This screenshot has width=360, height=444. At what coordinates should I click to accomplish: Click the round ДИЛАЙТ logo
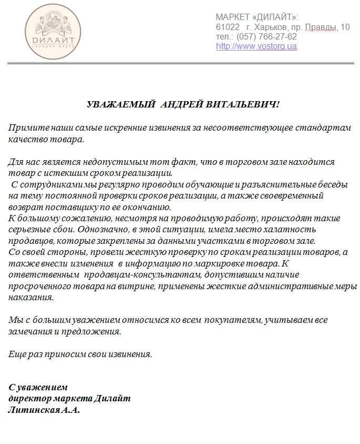[x=56, y=30]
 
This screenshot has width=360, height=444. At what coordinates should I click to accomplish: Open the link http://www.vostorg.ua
[x=256, y=46]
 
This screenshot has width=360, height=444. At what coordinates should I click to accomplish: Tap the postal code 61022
[x=228, y=27]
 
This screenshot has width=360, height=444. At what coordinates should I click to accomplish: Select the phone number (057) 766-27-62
[x=266, y=37]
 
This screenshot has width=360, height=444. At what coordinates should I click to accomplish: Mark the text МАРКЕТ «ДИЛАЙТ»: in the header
[x=257, y=17]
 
